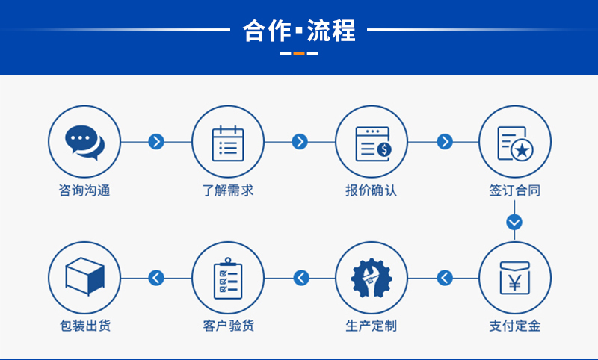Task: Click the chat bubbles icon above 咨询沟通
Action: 84,143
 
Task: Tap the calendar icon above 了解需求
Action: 228,143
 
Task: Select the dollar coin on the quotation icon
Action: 384,149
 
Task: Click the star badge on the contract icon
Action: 522,150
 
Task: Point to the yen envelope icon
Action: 515,278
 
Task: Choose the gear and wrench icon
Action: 372,278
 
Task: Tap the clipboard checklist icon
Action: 228,278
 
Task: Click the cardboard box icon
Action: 84,276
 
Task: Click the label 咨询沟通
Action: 84,190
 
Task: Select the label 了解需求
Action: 228,190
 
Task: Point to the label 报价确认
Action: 372,190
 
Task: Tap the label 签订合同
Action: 515,190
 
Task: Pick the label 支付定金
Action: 515,326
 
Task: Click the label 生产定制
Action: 372,326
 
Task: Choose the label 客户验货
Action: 228,326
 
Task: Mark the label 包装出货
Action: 84,326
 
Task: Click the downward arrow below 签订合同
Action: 514,222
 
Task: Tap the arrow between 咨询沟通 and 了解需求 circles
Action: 156,142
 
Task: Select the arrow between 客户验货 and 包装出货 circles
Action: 156,278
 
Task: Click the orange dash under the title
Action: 299,53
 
